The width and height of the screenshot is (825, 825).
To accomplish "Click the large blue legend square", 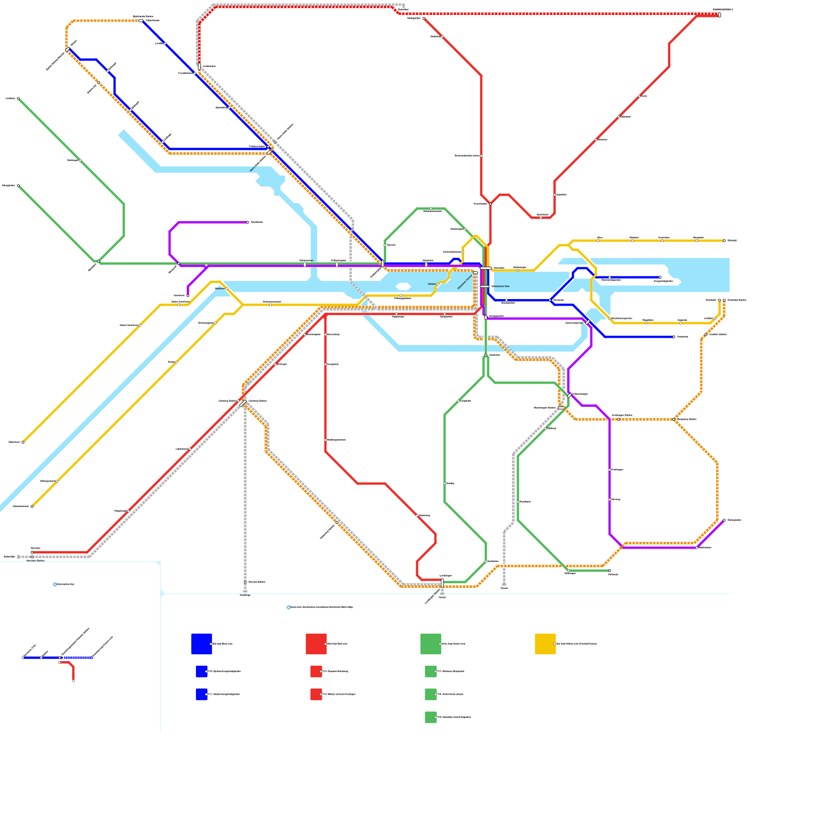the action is click(x=202, y=643).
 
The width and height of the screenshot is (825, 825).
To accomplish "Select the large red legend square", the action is click(x=316, y=643).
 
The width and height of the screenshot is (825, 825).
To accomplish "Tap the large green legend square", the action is click(x=431, y=643).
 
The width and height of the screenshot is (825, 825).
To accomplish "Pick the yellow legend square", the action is click(x=545, y=643).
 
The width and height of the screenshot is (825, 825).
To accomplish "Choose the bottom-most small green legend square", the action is click(x=431, y=717).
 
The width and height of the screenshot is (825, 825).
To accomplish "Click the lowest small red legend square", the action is click(x=316, y=694).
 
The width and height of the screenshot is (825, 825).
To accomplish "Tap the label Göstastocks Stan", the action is click(x=501, y=286).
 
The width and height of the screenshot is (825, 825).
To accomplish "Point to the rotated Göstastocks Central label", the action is click(x=465, y=282).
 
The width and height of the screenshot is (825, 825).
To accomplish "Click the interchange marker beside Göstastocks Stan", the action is click(x=484, y=286).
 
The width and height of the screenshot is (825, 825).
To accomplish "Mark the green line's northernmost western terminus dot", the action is click(x=18, y=98).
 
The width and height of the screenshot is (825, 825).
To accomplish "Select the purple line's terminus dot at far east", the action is click(x=724, y=520).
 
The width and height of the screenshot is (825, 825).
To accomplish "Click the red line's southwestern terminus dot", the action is click(x=32, y=552).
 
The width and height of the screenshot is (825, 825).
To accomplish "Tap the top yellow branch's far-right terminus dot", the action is click(x=724, y=241).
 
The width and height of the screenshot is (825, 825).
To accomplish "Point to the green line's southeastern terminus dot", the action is click(x=609, y=571).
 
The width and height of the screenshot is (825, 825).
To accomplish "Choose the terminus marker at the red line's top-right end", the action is click(x=719, y=15).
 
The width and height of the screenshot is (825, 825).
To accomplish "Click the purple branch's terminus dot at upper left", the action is click(x=247, y=222).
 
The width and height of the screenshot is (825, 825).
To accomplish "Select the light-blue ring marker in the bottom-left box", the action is click(x=55, y=584).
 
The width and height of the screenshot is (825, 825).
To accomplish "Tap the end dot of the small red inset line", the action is click(x=73, y=681).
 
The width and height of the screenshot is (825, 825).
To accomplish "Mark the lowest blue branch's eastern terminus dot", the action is click(x=673, y=337).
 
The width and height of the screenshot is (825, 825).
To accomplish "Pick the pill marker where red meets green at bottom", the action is click(x=442, y=583).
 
